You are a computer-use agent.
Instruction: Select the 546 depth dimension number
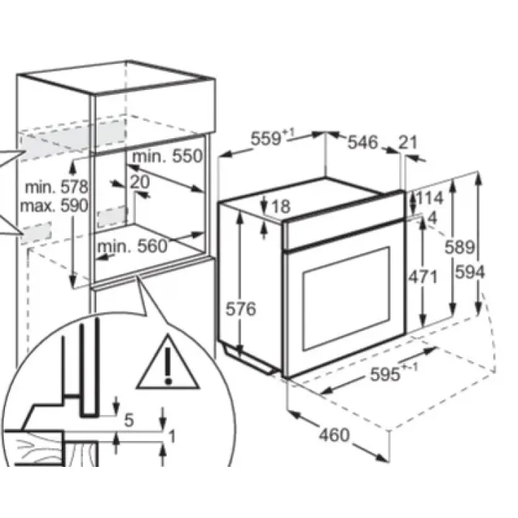[x=363, y=142]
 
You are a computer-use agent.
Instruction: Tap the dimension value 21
[x=407, y=142]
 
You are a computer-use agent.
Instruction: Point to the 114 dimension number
[x=430, y=199]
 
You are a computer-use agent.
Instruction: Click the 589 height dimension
[x=458, y=247]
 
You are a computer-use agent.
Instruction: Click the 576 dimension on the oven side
[x=241, y=309]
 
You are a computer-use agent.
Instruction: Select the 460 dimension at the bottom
[x=334, y=435]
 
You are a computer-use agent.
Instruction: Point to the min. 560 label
[x=132, y=247]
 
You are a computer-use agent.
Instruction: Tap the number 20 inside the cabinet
[x=140, y=182]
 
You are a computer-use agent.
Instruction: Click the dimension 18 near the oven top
[x=280, y=206]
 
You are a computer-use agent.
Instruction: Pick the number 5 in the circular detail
[x=129, y=420]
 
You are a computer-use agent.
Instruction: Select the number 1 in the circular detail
[x=172, y=435]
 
